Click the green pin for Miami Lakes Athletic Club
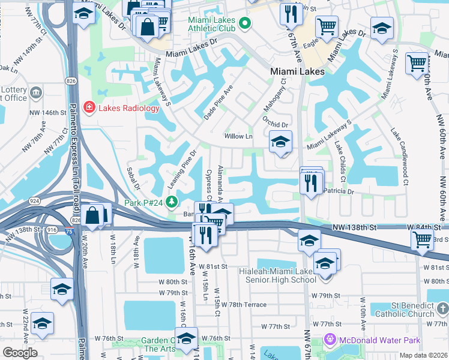(x=244, y=23)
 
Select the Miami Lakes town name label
(x=297, y=71)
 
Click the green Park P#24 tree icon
(x=172, y=202)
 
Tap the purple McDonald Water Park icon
(x=328, y=340)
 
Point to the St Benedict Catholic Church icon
(x=442, y=308)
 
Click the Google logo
(x=20, y=353)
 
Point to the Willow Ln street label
(x=238, y=136)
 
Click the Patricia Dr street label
(x=339, y=191)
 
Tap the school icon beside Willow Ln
(x=279, y=142)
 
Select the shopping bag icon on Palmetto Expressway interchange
(x=94, y=215)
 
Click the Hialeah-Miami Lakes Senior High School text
(x=286, y=275)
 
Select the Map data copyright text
(x=423, y=355)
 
